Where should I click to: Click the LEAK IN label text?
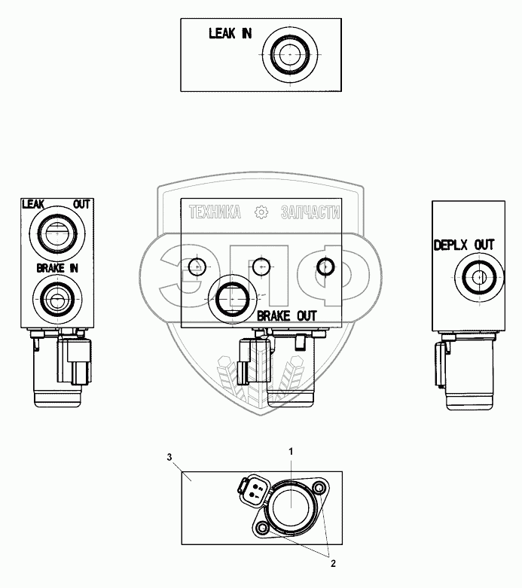click(x=230, y=33)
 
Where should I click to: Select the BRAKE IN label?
click(x=57, y=267)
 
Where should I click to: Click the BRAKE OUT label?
click(x=286, y=316)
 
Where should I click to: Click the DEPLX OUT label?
click(x=464, y=245)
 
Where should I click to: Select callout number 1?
click(x=292, y=450)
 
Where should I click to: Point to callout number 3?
click(x=170, y=457)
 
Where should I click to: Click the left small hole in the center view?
click(x=197, y=266)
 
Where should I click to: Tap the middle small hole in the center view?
click(x=261, y=266)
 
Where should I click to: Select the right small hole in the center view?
click(x=325, y=266)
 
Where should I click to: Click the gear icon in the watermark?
click(x=261, y=213)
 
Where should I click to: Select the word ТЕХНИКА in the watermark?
click(x=215, y=213)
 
